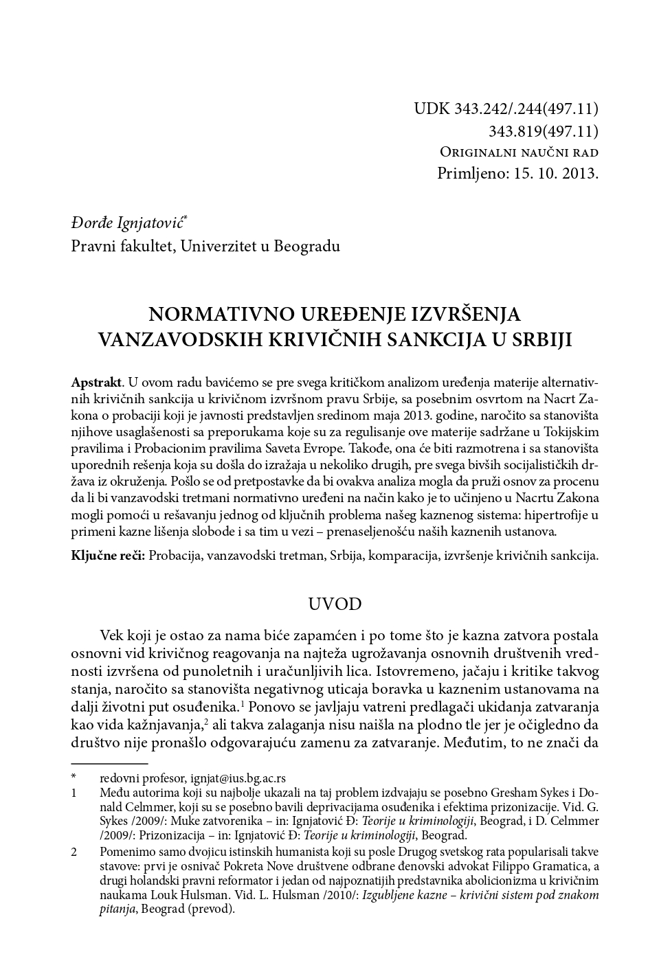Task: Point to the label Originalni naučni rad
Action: pos(519,152)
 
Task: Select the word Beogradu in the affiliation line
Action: pos(306,245)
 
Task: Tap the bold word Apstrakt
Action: pos(96,381)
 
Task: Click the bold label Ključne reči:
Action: pos(108,556)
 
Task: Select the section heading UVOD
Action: pos(335,604)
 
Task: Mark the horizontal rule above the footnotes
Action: pos(109,762)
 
